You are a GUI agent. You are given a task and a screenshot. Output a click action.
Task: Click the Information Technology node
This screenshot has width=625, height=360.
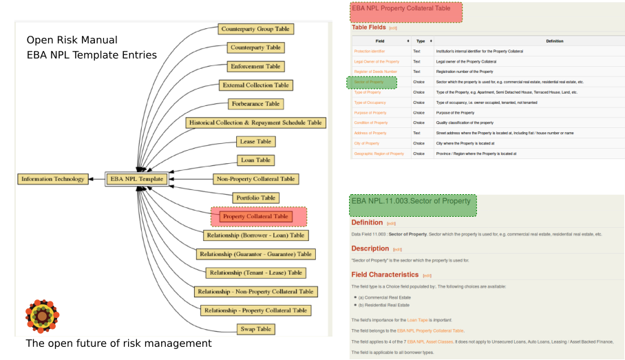click(53, 179)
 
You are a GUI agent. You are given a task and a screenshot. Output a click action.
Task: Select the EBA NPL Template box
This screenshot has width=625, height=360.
click(136, 179)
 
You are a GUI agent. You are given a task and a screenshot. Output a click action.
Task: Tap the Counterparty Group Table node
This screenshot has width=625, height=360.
click(256, 30)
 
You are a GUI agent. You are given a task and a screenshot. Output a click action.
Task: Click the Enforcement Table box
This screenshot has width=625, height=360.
click(255, 67)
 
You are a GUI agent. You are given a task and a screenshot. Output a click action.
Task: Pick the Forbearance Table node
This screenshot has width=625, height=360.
click(255, 104)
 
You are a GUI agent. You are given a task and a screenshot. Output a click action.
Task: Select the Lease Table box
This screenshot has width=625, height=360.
click(255, 142)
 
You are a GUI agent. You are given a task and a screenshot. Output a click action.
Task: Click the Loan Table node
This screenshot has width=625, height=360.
click(255, 160)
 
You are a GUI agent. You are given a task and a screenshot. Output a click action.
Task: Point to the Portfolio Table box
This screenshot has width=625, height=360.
click(255, 198)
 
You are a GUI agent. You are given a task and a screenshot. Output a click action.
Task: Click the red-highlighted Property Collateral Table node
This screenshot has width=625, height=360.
click(255, 217)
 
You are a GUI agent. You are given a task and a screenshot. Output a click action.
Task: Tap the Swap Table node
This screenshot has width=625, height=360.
click(255, 329)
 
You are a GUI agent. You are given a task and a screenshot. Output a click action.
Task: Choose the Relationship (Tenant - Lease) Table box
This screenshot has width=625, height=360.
click(256, 273)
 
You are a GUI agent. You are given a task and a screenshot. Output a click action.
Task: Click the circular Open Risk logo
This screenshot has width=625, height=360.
click(42, 316)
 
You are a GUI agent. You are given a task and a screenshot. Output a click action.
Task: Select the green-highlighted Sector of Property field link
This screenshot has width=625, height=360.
click(370, 82)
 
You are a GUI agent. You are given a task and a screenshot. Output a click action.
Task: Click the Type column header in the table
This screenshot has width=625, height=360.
click(420, 41)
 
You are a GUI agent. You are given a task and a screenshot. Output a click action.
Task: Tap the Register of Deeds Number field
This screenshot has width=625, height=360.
click(375, 72)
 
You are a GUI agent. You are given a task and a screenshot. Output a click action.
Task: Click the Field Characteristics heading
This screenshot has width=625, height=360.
click(385, 275)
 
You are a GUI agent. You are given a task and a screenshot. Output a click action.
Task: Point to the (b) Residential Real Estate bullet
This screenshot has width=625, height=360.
click(383, 305)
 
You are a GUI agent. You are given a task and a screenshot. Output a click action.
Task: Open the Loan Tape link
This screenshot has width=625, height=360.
click(416, 321)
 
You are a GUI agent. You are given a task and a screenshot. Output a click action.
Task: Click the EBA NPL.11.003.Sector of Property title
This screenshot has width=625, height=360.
click(411, 201)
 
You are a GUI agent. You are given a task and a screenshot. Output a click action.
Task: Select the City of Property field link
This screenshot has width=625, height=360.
click(366, 144)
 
